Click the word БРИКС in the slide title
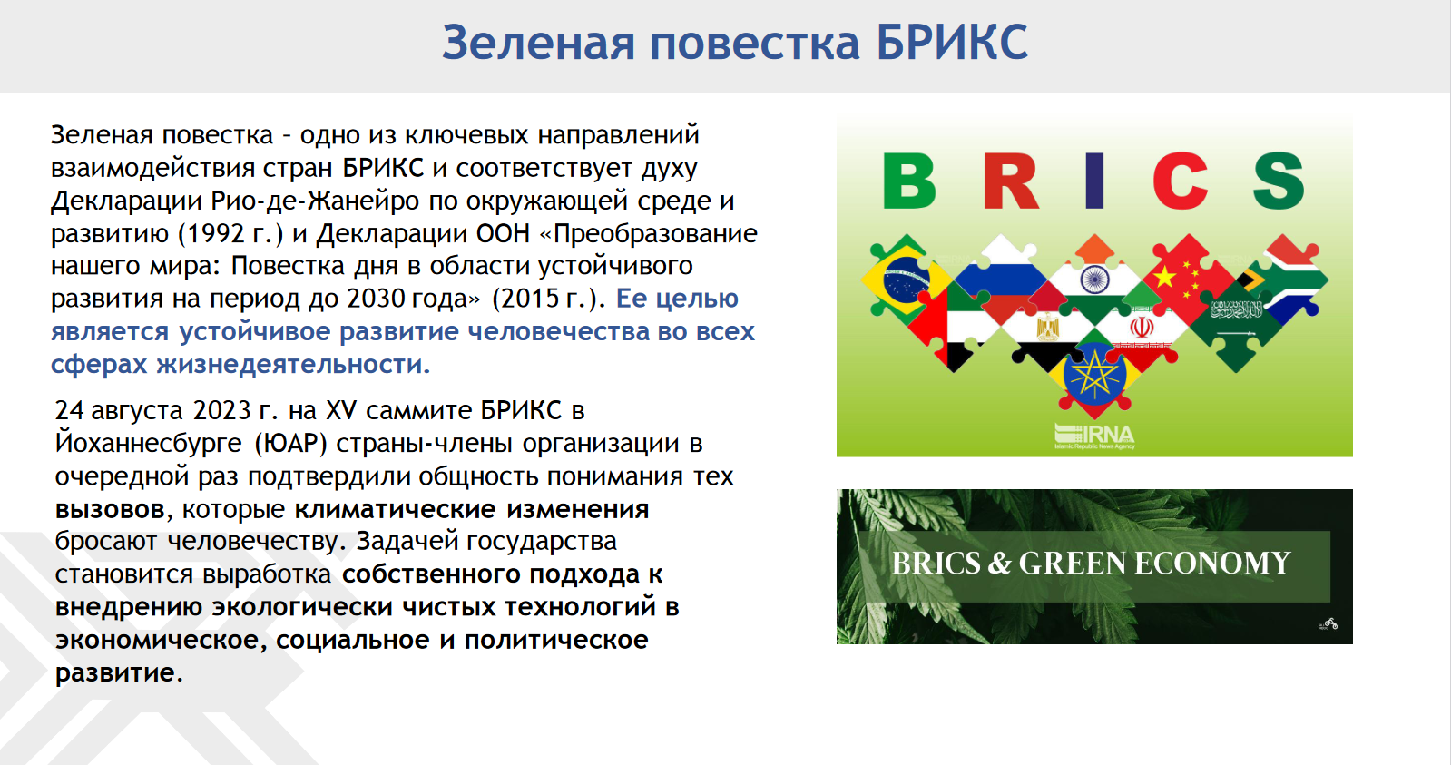(x=952, y=43)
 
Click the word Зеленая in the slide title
(x=538, y=43)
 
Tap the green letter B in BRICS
(x=909, y=181)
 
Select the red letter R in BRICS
(x=1011, y=181)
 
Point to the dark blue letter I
(x=1094, y=181)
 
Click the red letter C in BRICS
(x=1181, y=181)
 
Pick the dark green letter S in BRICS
(x=1278, y=181)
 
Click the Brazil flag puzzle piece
(x=906, y=280)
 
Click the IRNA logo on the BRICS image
(x=1094, y=436)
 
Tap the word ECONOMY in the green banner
(x=1212, y=563)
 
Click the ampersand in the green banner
(x=999, y=563)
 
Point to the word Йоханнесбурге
(x=148, y=444)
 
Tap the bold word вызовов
(x=110, y=510)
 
